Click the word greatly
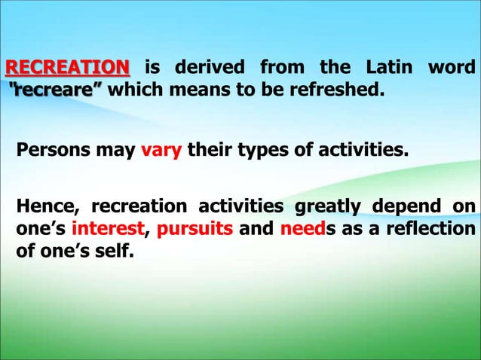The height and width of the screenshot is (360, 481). click(x=329, y=206)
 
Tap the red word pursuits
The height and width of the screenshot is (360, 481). click(x=194, y=228)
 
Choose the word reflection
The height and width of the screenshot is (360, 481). click(x=432, y=228)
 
